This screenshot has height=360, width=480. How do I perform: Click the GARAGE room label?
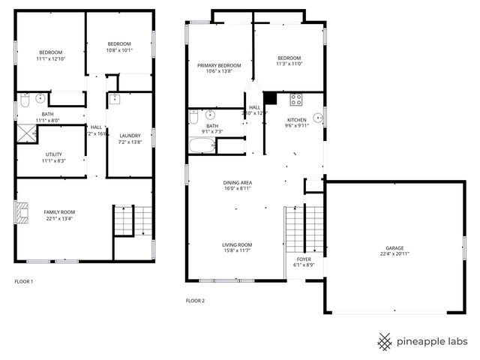click(x=394, y=248)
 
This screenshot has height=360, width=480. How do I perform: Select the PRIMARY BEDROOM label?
click(x=219, y=66)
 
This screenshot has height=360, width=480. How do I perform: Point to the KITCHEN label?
click(x=297, y=120)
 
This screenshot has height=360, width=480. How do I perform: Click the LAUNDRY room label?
click(x=130, y=135)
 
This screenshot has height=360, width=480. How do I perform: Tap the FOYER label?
click(x=304, y=259)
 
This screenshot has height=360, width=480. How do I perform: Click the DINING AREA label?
click(x=237, y=182)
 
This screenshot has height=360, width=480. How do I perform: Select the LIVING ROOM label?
click(x=237, y=245)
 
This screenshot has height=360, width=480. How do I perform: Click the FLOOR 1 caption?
click(x=24, y=282)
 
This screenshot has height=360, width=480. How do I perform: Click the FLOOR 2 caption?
click(x=195, y=301)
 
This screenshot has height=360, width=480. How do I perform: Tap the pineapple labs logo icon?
click(x=385, y=341)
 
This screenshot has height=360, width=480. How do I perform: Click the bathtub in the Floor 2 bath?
click(x=203, y=145)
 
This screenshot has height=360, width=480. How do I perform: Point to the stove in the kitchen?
click(x=296, y=98)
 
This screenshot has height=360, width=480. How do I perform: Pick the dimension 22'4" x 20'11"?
click(x=394, y=255)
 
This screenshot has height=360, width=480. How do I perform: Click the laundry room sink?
click(x=115, y=98)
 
